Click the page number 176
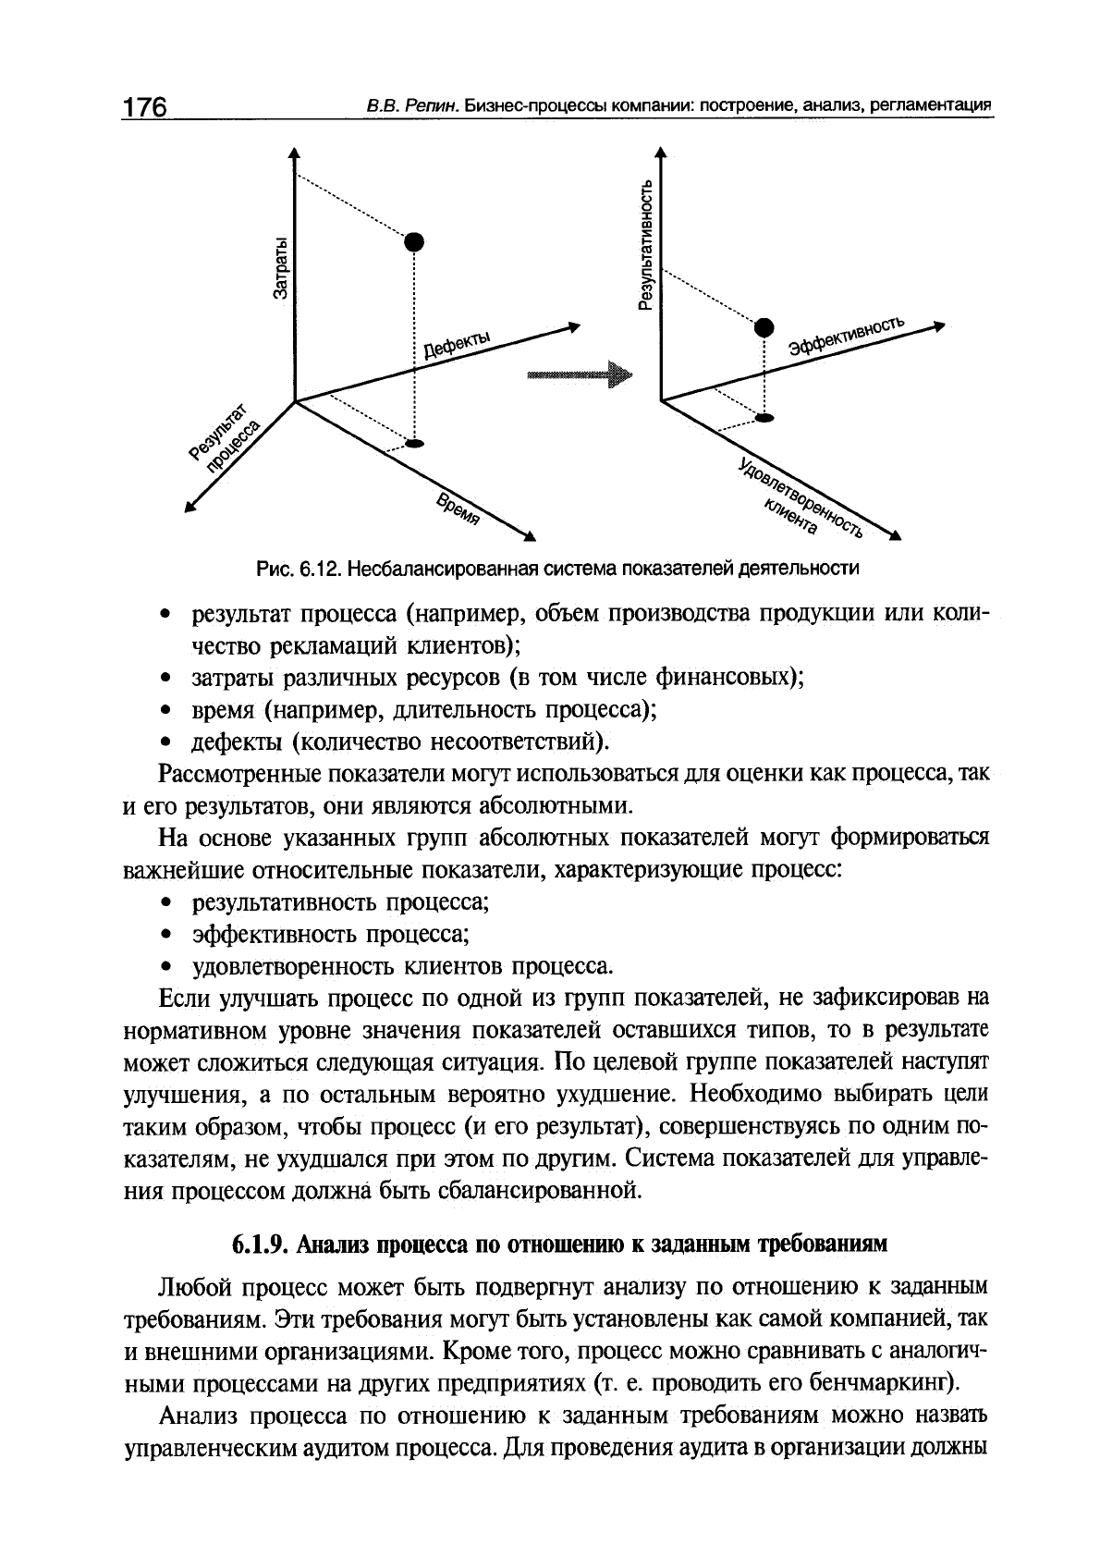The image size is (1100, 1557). tap(144, 107)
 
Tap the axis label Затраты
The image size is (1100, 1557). tap(283, 267)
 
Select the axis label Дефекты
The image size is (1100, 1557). tap(458, 345)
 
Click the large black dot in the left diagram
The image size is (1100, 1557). tap(414, 242)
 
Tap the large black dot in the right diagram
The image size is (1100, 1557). tap(764, 326)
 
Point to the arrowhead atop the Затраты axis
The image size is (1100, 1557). tap(294, 153)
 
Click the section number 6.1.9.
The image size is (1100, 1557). tap(261, 1244)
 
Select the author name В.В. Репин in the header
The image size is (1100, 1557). tap(400, 106)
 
